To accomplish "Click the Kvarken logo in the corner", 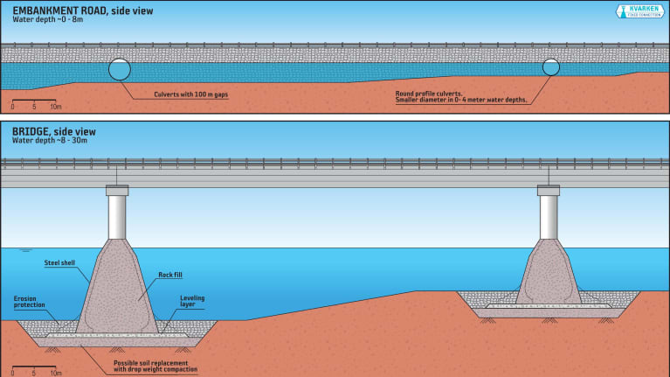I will pos(643,13).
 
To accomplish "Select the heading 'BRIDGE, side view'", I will pos(53,131).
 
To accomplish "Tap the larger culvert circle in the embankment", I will pos(120,69).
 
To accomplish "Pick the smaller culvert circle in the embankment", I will pos(550,66).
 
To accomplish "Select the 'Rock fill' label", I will pos(171,275).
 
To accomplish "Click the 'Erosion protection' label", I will pos(29,302).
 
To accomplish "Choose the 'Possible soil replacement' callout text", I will pos(154,366).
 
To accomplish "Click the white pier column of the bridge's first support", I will pos(116,217).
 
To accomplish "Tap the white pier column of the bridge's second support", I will pos(549,217).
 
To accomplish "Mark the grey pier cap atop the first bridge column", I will pos(116,190).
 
